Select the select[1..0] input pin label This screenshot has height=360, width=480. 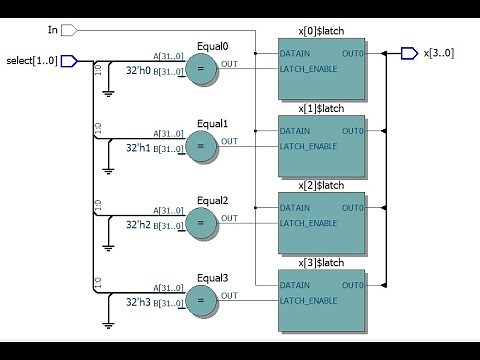click(x=30, y=61)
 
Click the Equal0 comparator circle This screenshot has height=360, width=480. click(x=201, y=69)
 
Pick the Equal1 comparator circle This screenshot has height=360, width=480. click(x=201, y=146)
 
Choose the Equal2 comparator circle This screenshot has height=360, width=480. click(x=201, y=223)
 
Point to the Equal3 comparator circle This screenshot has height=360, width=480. click(x=201, y=300)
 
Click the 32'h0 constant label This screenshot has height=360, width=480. click(x=138, y=71)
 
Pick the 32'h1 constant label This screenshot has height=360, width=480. click(x=138, y=148)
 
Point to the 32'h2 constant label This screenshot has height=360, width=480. click(x=138, y=225)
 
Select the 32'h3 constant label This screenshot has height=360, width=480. click(x=138, y=302)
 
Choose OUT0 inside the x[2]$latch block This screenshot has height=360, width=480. click(x=353, y=208)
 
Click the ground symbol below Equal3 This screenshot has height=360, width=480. click(x=108, y=323)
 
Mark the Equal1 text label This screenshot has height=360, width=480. click(x=212, y=124)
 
